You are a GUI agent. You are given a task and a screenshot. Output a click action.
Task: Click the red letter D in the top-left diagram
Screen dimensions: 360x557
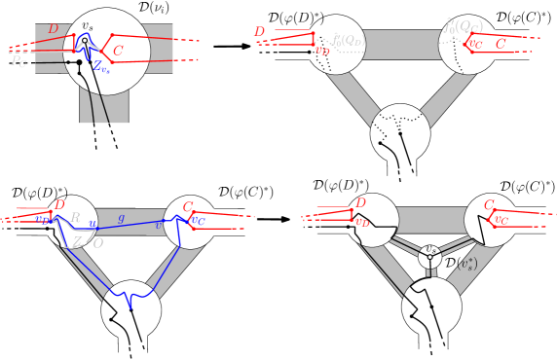pos(54,29)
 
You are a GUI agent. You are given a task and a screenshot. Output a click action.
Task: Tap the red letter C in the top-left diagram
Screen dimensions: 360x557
pos(118,50)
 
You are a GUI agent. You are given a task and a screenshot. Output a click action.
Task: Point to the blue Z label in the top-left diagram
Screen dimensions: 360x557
pos(99,66)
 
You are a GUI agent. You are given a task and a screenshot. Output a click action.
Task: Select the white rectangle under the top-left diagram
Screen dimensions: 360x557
pos(106,136)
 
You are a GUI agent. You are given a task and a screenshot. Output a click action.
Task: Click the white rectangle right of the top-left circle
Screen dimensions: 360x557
pos(186,54)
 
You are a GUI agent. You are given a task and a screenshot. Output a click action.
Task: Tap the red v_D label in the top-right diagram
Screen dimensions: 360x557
pos(321,50)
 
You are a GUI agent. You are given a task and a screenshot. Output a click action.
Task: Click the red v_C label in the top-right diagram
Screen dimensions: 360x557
pos(475,43)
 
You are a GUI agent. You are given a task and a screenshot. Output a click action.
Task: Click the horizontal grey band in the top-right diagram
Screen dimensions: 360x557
pos(401,44)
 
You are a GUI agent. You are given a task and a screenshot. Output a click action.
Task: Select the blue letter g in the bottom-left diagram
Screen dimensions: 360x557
pos(121,218)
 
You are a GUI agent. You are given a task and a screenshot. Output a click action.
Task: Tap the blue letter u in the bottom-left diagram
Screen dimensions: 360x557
pos(93,224)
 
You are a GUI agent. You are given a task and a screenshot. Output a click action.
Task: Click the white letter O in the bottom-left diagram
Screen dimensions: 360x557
pos(98,242)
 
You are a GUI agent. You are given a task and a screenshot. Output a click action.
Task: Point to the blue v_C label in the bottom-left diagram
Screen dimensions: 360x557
pos(198,219)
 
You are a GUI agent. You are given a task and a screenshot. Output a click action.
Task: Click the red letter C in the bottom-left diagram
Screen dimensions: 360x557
pos(188,206)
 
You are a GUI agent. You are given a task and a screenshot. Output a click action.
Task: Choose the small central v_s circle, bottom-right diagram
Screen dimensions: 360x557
pos(429,256)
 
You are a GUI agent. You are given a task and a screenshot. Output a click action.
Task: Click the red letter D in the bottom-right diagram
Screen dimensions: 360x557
pos(360,202)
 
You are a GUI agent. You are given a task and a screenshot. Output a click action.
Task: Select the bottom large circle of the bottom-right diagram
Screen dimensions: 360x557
pos(431,306)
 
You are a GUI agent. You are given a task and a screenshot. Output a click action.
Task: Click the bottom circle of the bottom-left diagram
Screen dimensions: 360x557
pos(130,311)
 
